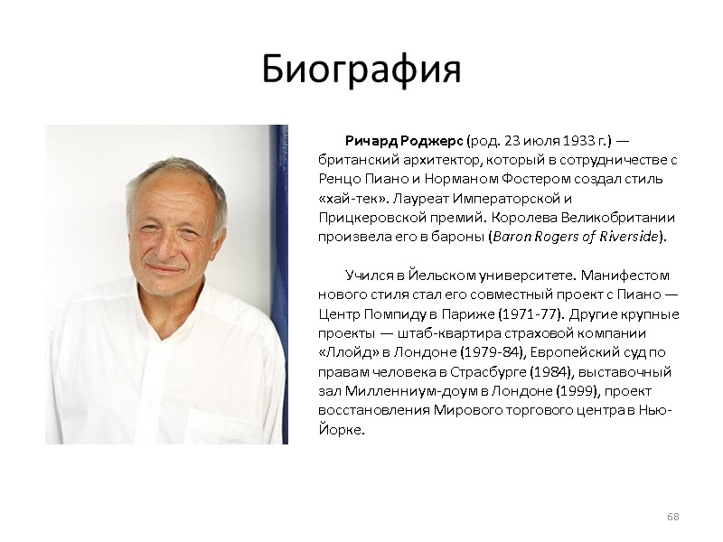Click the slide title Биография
[361, 70]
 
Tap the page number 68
[672, 516]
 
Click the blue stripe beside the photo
[279, 271]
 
